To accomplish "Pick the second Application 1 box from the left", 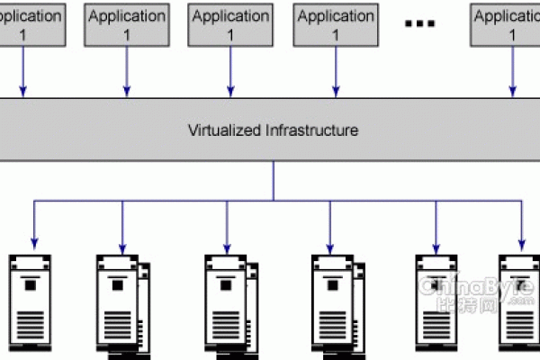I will [126, 25].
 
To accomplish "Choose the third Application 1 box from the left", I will [229, 25].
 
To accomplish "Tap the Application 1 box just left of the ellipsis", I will [335, 25].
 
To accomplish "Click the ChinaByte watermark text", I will [477, 289].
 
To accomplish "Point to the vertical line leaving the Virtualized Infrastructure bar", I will [274, 180].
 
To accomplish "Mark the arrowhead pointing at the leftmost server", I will [34, 241].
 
